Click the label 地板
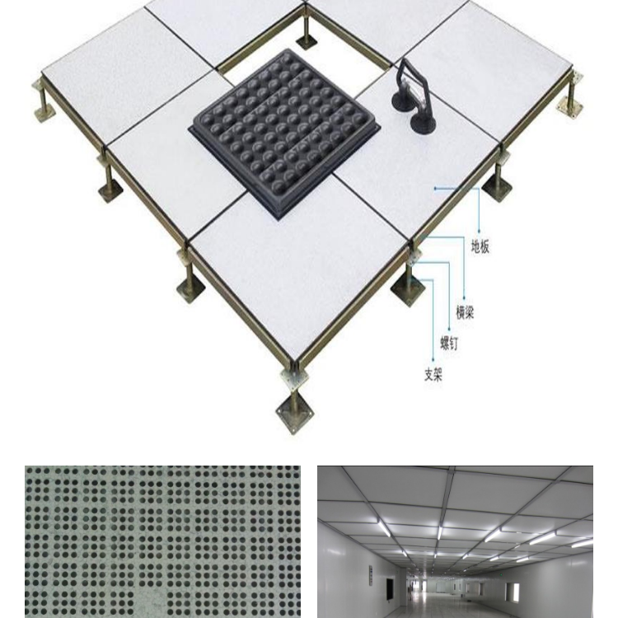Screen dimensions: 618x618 480,246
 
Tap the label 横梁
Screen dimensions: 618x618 465,312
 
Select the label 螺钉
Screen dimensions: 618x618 449,343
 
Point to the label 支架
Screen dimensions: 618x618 433,374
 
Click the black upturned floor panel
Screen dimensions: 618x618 285,133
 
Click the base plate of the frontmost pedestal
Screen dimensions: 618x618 296,416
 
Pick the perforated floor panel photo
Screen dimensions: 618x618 162,541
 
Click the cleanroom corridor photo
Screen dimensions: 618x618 455,541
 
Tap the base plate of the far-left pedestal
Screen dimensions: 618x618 44,111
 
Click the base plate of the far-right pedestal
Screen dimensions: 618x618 569,107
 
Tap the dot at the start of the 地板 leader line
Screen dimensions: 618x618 435,189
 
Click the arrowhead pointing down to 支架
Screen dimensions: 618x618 433,359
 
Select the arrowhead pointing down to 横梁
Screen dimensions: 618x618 464,298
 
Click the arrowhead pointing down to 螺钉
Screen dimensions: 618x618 449,329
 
